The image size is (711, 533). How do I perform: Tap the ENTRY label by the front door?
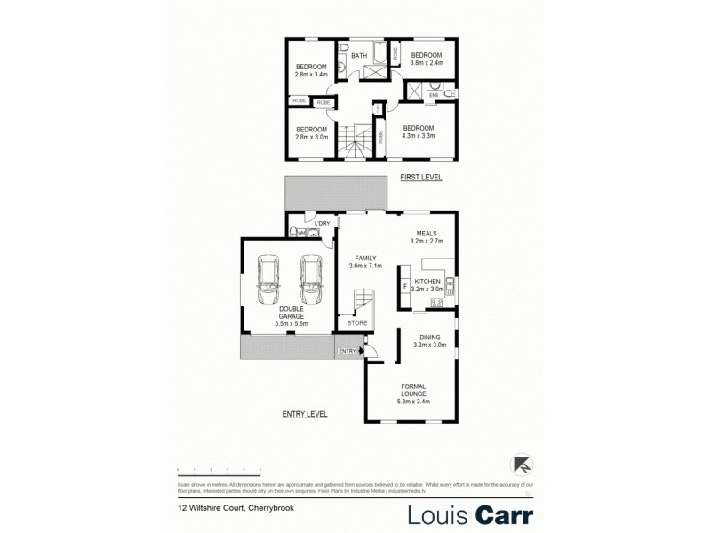[x=346, y=351]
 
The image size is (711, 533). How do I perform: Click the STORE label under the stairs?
[x=356, y=322]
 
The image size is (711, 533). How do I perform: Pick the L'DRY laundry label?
[x=311, y=222]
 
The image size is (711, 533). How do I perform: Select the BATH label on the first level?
[x=359, y=56]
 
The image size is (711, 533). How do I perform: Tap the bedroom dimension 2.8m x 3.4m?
[x=312, y=76]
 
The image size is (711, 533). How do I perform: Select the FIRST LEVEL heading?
[x=421, y=178]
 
